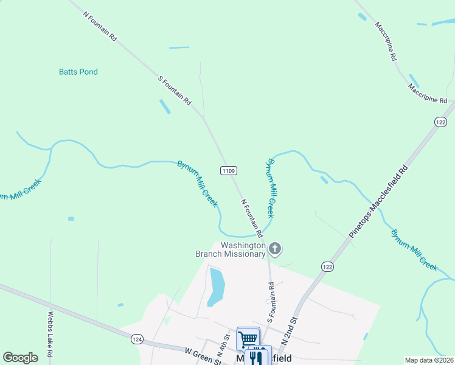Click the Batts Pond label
click(x=78, y=72)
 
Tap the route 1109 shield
click(x=229, y=171)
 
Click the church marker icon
click(x=275, y=248)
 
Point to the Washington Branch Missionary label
click(x=231, y=249)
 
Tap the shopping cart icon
click(x=248, y=338)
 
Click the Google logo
click(x=20, y=358)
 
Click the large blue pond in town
click(x=216, y=287)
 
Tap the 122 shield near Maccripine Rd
click(x=441, y=122)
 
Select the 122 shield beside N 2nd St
click(x=327, y=266)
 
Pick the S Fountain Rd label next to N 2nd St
click(x=271, y=302)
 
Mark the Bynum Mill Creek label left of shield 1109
click(x=197, y=184)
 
